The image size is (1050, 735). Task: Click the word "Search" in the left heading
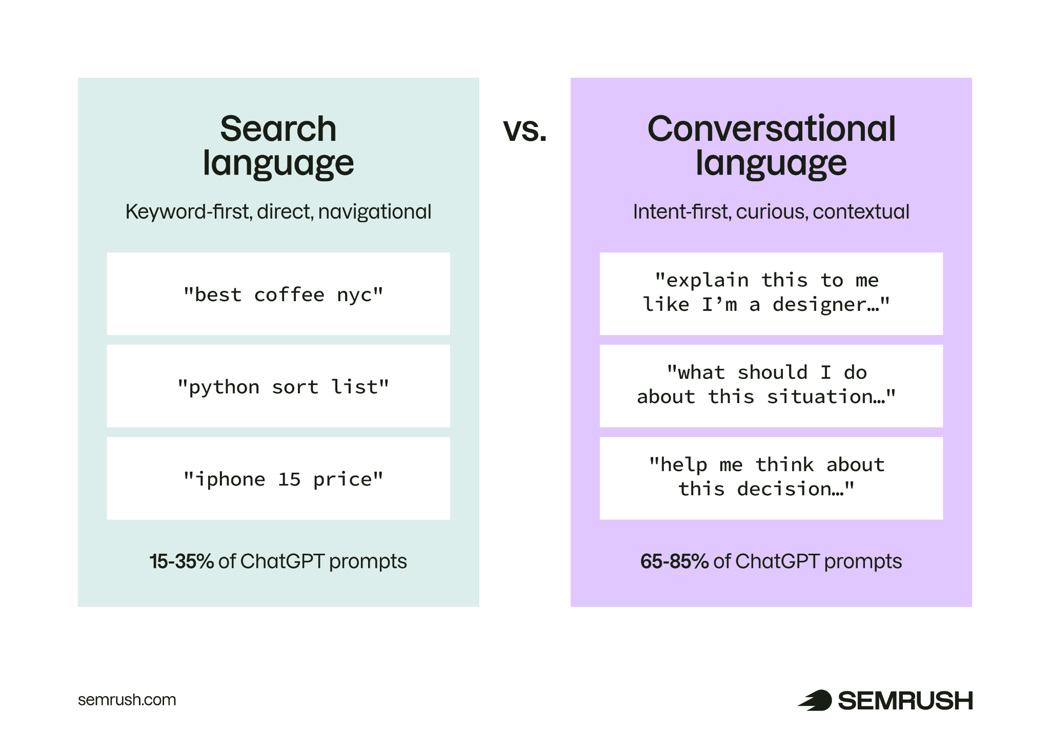click(x=278, y=129)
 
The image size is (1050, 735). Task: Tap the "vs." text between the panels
click(x=524, y=130)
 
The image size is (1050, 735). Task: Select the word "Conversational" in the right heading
click(x=771, y=129)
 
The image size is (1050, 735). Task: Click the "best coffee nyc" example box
click(x=278, y=294)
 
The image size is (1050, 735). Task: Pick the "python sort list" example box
click(x=278, y=386)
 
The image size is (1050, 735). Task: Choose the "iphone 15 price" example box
click(x=278, y=478)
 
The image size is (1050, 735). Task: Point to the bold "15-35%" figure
click(x=181, y=561)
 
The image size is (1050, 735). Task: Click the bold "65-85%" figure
click(x=674, y=561)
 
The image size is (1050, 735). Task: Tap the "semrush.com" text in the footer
click(x=127, y=700)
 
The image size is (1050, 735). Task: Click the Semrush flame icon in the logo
click(x=815, y=700)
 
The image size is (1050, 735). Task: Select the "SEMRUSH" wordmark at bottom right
click(x=905, y=701)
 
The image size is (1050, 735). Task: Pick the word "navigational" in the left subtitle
click(x=375, y=212)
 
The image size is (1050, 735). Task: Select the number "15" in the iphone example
click(x=289, y=479)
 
